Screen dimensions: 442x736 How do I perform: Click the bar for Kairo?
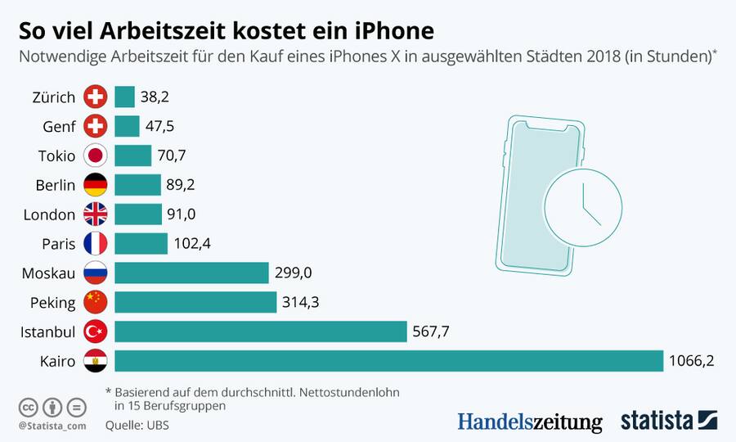[388, 361]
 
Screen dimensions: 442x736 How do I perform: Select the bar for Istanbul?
[261, 331]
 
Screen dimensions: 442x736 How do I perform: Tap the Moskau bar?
[191, 273]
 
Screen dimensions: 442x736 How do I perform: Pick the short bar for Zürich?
[124, 97]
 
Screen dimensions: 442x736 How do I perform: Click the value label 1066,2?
[693, 361]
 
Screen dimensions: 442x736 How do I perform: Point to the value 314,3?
[300, 302]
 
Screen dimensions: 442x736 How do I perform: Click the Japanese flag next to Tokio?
[96, 156]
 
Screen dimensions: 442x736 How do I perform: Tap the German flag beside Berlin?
[96, 185]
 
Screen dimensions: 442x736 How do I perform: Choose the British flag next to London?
[96, 214]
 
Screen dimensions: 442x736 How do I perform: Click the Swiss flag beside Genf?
[96, 127]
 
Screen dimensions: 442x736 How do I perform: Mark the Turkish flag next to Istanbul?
[96, 331]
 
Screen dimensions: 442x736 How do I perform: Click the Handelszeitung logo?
[529, 422]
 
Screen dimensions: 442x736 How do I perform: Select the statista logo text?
[657, 421]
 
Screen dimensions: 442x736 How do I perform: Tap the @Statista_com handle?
[52, 426]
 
